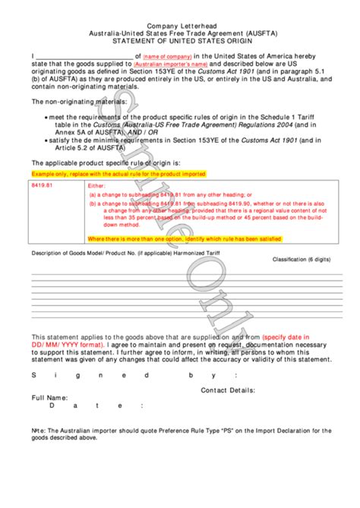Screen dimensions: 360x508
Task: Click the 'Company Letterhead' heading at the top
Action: click(179, 24)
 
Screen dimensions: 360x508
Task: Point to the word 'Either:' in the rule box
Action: click(99, 185)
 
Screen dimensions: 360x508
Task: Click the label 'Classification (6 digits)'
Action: click(302, 260)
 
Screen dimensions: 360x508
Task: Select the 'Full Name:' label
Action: click(49, 397)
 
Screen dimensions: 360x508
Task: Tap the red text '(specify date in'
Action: click(295, 336)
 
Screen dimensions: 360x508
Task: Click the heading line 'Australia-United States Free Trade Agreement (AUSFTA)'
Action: click(180, 33)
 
